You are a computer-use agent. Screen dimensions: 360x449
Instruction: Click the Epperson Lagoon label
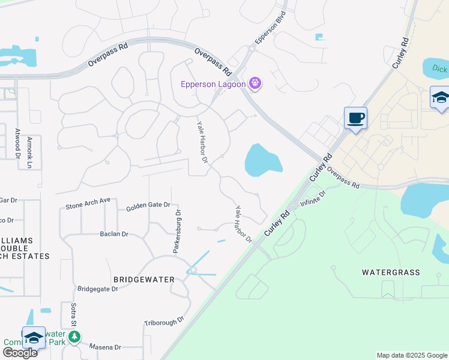tap(213, 84)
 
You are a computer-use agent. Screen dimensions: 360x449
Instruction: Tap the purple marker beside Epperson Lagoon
tap(255, 83)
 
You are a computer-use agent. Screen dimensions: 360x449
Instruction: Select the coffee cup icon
tap(355, 118)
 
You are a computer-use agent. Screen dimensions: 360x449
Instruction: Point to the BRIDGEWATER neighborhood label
tap(143, 280)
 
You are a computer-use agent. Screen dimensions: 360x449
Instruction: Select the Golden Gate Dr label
tap(148, 206)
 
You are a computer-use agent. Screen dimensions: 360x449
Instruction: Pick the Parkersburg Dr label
tap(178, 232)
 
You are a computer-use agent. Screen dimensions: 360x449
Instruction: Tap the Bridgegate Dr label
tap(98, 289)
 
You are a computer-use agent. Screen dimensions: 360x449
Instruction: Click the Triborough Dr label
tap(163, 322)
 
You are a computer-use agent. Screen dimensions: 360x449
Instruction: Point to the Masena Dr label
tap(105, 347)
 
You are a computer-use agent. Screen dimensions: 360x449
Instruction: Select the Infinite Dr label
tap(313, 199)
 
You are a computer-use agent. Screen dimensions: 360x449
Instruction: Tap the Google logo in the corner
tap(20, 353)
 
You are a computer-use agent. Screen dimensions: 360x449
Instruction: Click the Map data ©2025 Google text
tap(411, 355)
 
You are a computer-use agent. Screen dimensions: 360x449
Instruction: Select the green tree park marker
tap(74, 337)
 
